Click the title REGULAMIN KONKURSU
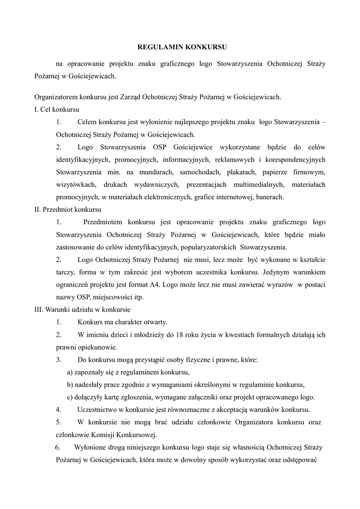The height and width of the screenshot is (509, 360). pyautogui.click(x=181, y=48)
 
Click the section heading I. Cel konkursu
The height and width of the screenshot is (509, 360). pyautogui.click(x=57, y=109)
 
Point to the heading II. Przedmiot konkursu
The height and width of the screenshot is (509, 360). pyautogui.click(x=68, y=209)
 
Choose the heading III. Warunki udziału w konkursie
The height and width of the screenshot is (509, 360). pyautogui.click(x=79, y=309)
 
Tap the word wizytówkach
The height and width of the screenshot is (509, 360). pyautogui.click(x=75, y=184)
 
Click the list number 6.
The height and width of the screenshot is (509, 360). pyautogui.click(x=58, y=447)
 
